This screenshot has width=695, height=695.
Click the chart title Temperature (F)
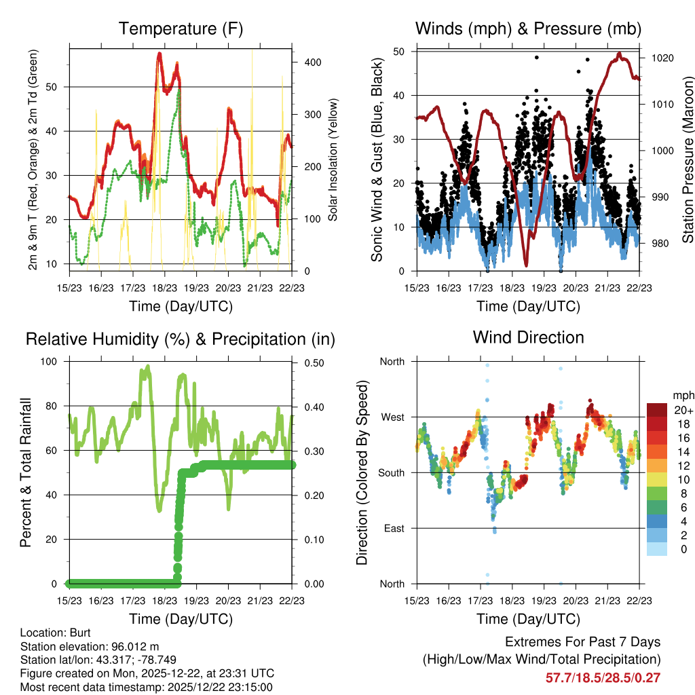point(181,29)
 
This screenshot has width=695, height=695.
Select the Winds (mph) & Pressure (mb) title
point(528,29)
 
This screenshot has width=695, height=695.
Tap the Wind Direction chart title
point(528,337)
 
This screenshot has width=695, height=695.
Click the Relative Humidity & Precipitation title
point(181,339)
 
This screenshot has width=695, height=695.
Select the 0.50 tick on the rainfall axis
point(309,362)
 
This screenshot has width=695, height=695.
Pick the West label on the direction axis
point(392,417)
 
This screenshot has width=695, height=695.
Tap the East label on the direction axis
point(393,528)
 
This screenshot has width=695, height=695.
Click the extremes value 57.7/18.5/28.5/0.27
point(603,677)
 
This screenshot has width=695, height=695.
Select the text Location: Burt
point(51,632)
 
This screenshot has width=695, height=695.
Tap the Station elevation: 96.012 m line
point(90,646)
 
